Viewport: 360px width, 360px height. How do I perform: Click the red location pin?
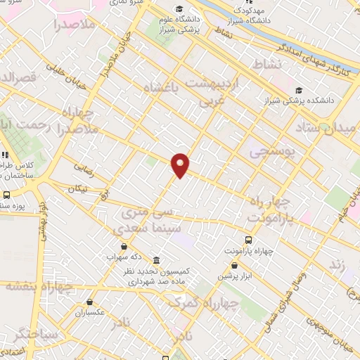pyautogui.click(x=181, y=165)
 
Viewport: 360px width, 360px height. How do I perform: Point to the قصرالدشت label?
pyautogui.click(x=15, y=77)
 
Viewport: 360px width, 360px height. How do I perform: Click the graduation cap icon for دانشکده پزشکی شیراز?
pyautogui.click(x=299, y=90)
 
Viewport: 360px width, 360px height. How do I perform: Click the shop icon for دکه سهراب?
pyautogui.click(x=124, y=247)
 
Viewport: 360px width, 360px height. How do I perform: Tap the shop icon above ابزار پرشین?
pyautogui.click(x=234, y=266)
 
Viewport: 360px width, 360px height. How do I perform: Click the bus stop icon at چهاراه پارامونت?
pyautogui.click(x=247, y=240)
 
